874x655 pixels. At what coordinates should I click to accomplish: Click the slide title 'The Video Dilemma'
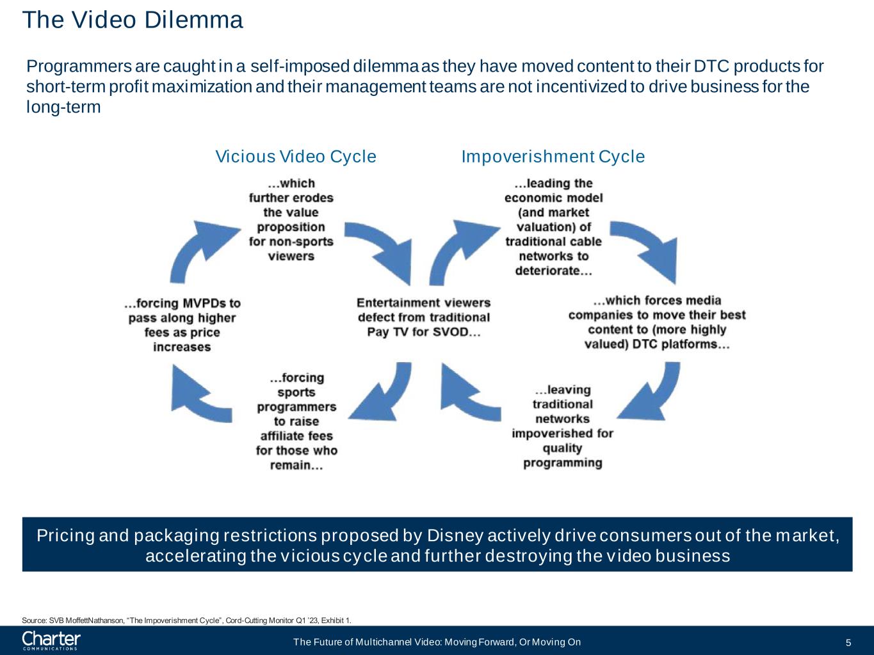pos(133,20)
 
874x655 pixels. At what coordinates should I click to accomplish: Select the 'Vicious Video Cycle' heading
pos(296,157)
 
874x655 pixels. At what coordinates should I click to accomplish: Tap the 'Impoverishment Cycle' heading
pos(553,157)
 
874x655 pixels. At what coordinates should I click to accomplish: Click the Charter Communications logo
pos(51,640)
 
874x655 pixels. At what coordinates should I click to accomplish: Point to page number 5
pos(848,643)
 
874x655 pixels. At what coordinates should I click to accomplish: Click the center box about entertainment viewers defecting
pos(423,317)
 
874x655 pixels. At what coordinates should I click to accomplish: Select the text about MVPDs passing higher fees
pos(182,325)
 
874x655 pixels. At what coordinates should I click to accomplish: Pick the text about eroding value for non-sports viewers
pos(291,219)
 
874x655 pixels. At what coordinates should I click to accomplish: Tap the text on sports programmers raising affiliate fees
pos(296,422)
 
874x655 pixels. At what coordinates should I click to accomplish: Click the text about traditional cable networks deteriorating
pos(553,226)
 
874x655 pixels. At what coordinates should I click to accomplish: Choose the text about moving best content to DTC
pos(657,322)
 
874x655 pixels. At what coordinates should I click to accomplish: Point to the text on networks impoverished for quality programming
pos(562,426)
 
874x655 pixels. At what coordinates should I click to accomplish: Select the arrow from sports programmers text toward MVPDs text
pos(198,391)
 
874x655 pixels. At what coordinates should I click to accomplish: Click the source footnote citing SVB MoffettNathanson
pos(186,620)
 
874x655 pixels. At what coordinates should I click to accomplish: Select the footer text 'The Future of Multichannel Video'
pos(437,642)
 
